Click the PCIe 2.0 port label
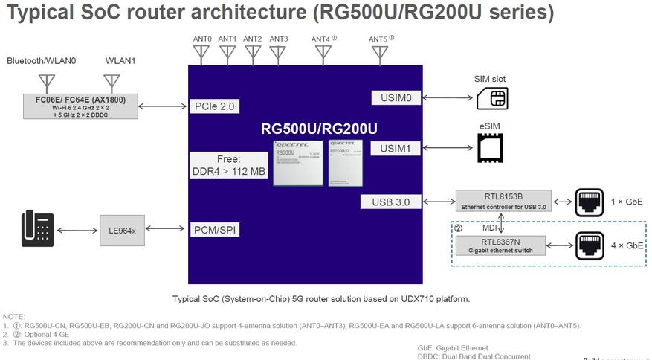(215, 106)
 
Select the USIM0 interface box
(396, 97)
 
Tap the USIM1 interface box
(396, 149)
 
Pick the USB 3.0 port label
(392, 202)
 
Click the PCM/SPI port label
(215, 230)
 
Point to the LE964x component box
(122, 231)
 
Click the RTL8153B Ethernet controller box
(503, 201)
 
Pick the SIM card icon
(492, 97)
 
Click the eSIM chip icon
(490, 148)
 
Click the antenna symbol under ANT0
(201, 54)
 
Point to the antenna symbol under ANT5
(380, 54)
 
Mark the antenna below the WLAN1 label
(112, 83)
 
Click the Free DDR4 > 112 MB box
(228, 165)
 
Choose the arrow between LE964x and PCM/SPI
(166, 231)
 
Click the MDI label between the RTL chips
(489, 228)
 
